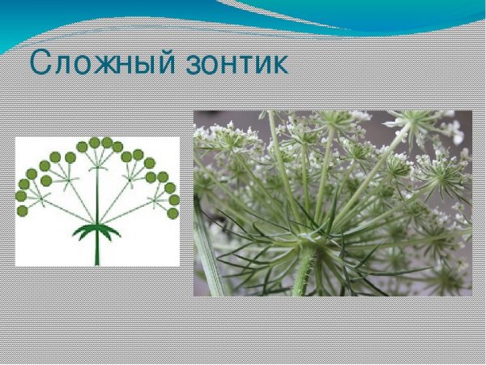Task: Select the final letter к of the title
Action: (278, 66)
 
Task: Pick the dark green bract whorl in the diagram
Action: (96, 230)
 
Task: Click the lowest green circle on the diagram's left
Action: (22, 211)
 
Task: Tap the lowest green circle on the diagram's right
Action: (173, 213)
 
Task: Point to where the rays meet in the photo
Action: (310, 238)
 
